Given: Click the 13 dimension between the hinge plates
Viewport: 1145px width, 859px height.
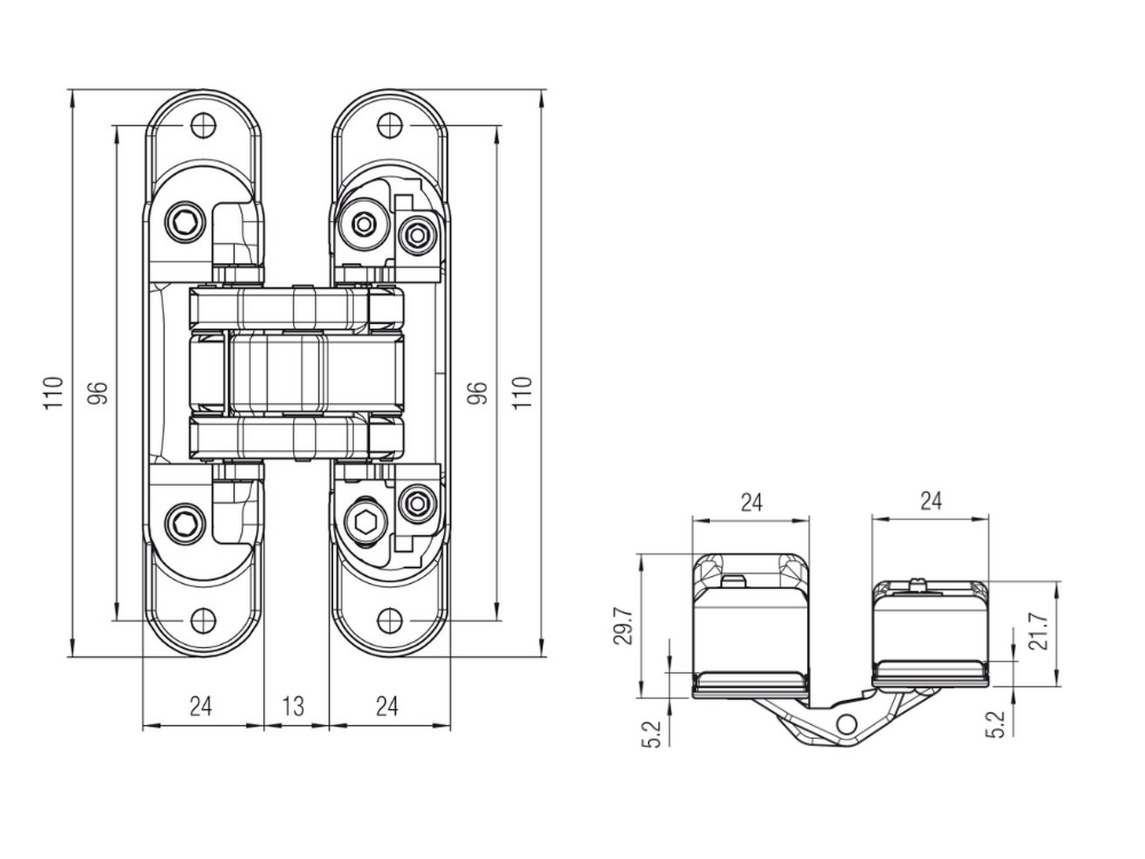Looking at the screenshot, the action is [x=293, y=706].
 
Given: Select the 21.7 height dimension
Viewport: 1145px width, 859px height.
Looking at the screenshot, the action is [x=1039, y=632].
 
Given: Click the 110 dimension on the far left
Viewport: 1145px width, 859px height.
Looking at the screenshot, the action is [x=53, y=393].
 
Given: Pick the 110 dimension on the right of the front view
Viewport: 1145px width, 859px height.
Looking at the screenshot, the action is [x=522, y=393].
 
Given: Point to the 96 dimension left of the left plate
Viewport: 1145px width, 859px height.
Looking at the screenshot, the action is [x=98, y=393].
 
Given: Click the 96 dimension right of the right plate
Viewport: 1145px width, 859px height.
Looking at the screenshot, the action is [x=477, y=393].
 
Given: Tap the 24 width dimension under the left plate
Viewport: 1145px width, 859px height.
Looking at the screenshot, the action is [x=201, y=706].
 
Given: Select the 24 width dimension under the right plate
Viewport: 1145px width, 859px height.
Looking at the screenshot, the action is [x=387, y=706].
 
